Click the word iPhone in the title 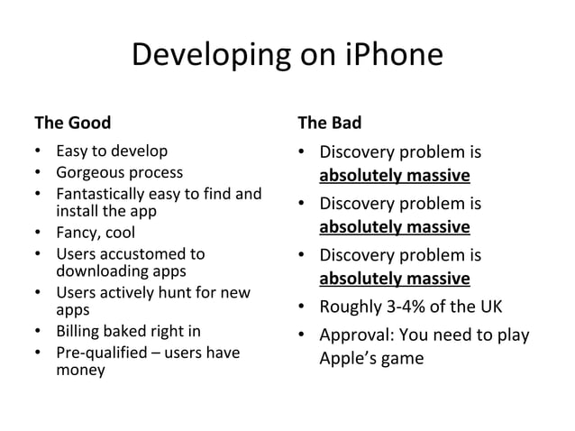coord(395,55)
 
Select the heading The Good coord(73,122)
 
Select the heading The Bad coord(329,122)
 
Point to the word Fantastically coord(102,192)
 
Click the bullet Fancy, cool coord(96,233)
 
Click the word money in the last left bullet coord(80,370)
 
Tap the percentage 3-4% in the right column coord(409,306)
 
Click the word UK coord(490,306)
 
